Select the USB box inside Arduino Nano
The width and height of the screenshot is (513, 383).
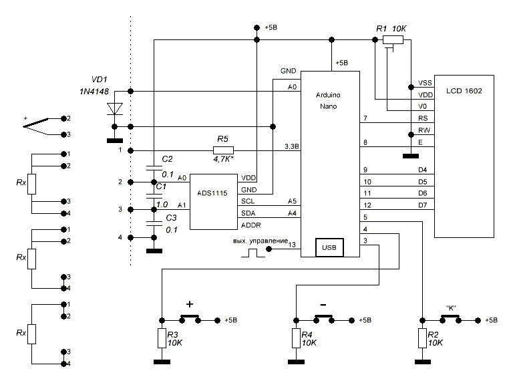[330, 248]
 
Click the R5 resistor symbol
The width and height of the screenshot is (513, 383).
[223, 150]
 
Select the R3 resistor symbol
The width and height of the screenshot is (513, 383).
[162, 338]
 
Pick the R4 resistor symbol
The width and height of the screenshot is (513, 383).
[295, 338]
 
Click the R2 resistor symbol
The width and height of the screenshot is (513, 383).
[421, 338]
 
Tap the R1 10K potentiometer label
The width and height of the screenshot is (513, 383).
[390, 29]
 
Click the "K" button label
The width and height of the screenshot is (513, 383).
[451, 308]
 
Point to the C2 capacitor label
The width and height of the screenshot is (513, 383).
[167, 159]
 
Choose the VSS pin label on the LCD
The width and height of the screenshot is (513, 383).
[423, 83]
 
